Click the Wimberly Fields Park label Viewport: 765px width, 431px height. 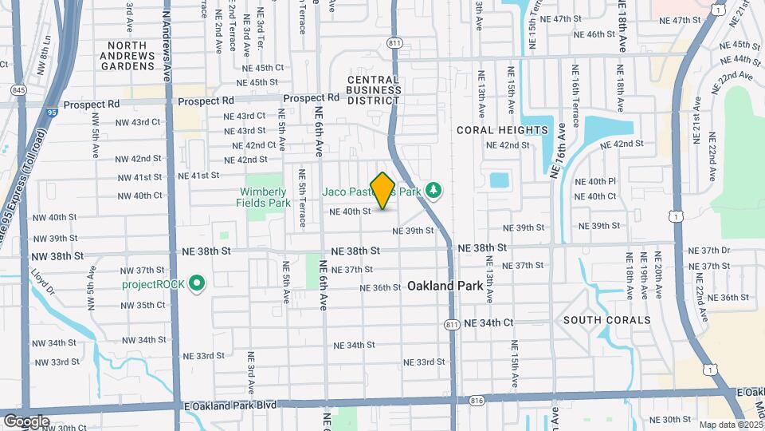263,197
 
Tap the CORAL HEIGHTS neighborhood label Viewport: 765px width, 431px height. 503,130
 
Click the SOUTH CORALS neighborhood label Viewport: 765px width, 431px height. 606,320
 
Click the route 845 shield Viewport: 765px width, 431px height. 20,90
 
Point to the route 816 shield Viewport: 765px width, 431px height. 477,399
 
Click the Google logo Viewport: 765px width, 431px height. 25,421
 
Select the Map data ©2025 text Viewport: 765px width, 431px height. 731,425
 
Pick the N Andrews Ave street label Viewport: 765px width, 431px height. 167,45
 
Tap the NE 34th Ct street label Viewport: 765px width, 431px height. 487,322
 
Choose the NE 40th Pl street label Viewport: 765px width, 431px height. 602,182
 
